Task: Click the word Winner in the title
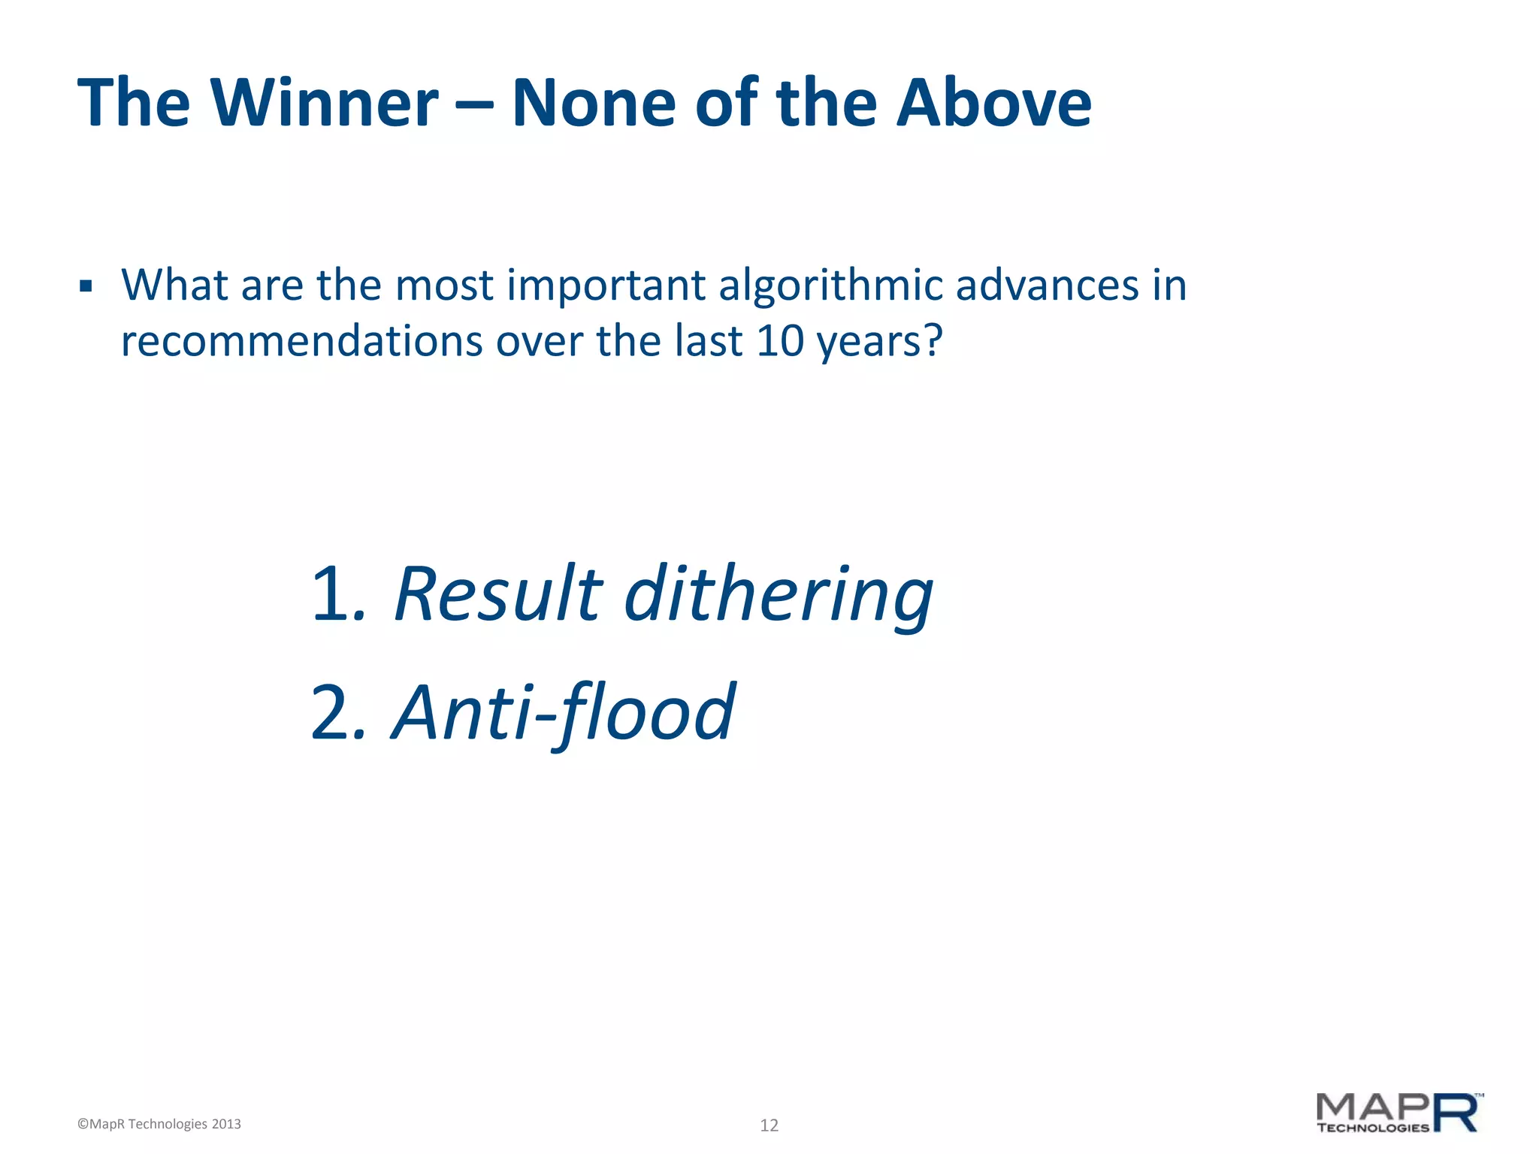coord(325,103)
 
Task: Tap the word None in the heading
coord(594,103)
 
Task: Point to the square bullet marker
coord(86,286)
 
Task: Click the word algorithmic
coord(830,285)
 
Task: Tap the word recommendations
coord(301,342)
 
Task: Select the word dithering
coord(779,595)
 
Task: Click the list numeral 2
coord(331,712)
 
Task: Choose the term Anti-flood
coord(564,712)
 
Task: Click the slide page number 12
coord(769,1125)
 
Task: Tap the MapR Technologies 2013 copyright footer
coord(159,1124)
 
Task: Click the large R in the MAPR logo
coord(1456,1113)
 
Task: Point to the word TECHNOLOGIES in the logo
coord(1373,1128)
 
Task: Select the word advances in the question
coord(1047,285)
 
